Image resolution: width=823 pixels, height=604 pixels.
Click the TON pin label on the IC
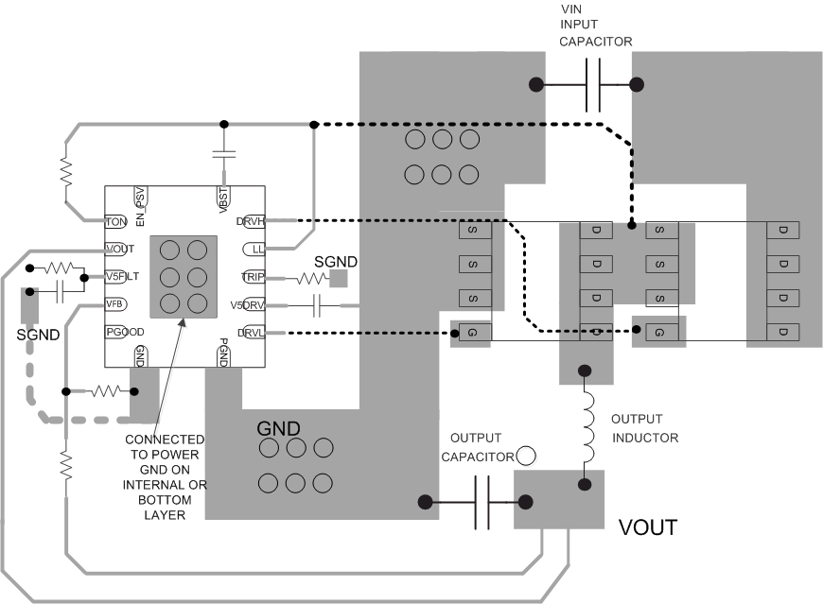[x=116, y=221]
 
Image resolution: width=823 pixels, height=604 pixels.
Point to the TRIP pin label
[x=254, y=277]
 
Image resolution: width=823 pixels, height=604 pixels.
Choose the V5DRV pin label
[x=248, y=305]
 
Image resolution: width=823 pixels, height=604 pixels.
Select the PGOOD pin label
[x=124, y=332]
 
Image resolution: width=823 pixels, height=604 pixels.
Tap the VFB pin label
[x=115, y=304]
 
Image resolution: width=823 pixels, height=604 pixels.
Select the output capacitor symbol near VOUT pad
[x=481, y=501]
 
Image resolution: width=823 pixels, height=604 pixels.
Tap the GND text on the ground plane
[x=280, y=428]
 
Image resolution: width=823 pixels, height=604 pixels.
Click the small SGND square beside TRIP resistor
[x=338, y=279]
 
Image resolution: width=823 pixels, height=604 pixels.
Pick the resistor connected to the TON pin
[x=66, y=171]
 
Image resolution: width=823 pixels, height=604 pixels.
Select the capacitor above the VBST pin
[x=224, y=154]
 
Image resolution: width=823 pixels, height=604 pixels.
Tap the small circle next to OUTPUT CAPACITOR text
[x=526, y=456]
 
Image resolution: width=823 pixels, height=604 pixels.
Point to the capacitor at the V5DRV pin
[x=319, y=305]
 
